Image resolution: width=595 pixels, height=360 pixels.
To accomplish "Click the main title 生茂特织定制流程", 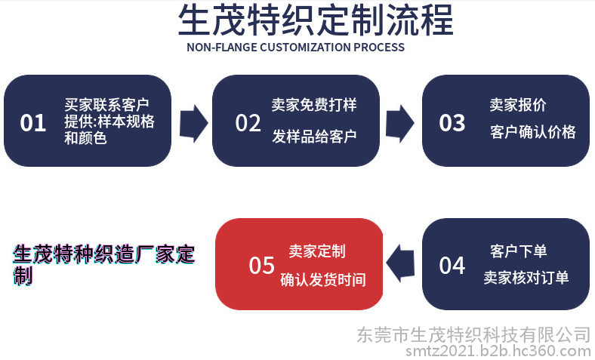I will pyautogui.click(x=316, y=20).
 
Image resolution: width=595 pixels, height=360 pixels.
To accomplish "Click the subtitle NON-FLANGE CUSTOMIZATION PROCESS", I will pyautogui.click(x=295, y=48).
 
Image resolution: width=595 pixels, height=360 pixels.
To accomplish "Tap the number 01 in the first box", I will pyautogui.click(x=33, y=122).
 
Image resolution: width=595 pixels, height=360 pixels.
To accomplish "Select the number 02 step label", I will pyautogui.click(x=248, y=122).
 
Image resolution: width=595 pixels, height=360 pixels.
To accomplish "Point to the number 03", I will pyautogui.click(x=452, y=122).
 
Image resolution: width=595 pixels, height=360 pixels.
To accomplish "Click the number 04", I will pyautogui.click(x=452, y=265).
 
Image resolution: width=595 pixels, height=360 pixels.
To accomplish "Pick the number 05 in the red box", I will pyautogui.click(x=262, y=265).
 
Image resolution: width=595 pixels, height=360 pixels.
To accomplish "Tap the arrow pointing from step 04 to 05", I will pyautogui.click(x=400, y=263).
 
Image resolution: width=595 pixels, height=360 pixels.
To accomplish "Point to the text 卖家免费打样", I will pyautogui.click(x=314, y=105).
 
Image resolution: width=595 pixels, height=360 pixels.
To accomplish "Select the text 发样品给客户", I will pyautogui.click(x=314, y=137).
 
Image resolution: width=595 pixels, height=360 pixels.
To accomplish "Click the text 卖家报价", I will pyautogui.click(x=518, y=105).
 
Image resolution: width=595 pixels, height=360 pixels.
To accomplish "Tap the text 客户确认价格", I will pyautogui.click(x=533, y=132).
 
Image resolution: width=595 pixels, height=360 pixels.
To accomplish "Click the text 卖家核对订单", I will pyautogui.click(x=526, y=278).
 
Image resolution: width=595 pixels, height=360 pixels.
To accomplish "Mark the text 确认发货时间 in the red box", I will pyautogui.click(x=323, y=279).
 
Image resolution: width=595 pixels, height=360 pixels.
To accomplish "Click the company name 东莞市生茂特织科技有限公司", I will pyautogui.click(x=473, y=334).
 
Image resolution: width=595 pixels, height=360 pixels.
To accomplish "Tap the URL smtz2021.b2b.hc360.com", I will pyautogui.click(x=498, y=350).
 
